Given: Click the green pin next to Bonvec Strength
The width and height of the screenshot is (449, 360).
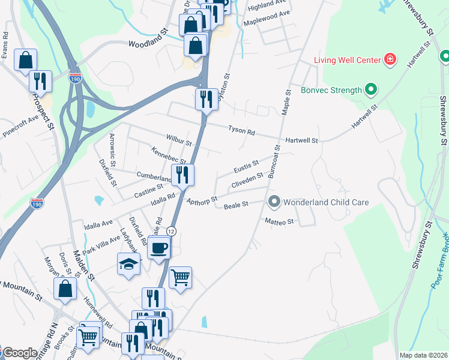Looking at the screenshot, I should tap(371, 91).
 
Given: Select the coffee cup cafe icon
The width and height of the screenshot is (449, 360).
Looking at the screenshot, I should tap(159, 247).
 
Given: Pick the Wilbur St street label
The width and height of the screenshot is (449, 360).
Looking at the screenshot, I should tap(179, 144).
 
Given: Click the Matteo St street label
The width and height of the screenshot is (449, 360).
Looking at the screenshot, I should tap(279, 221).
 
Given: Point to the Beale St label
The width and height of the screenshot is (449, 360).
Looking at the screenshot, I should tap(236, 206).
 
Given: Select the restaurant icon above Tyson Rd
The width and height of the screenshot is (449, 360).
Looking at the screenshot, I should tap(206, 98).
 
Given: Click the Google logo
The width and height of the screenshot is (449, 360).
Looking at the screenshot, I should tap(19, 353).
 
